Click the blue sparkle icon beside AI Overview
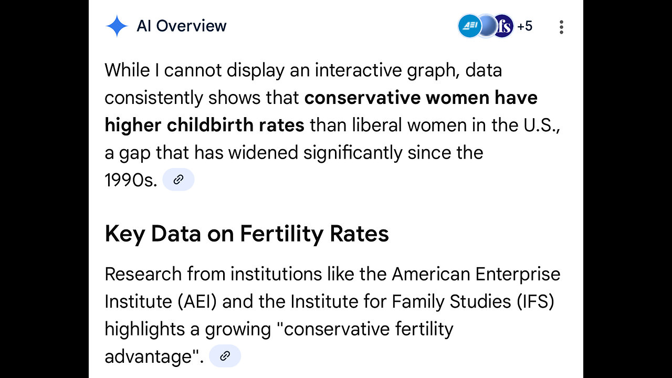click(116, 26)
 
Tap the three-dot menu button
click(561, 27)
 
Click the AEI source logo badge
click(469, 26)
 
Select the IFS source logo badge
click(503, 26)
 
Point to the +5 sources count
click(524, 26)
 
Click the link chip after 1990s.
click(178, 180)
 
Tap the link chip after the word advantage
click(225, 356)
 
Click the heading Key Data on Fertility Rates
click(247, 234)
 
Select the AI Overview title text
click(182, 26)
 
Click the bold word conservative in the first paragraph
click(363, 98)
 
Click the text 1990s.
click(131, 180)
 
